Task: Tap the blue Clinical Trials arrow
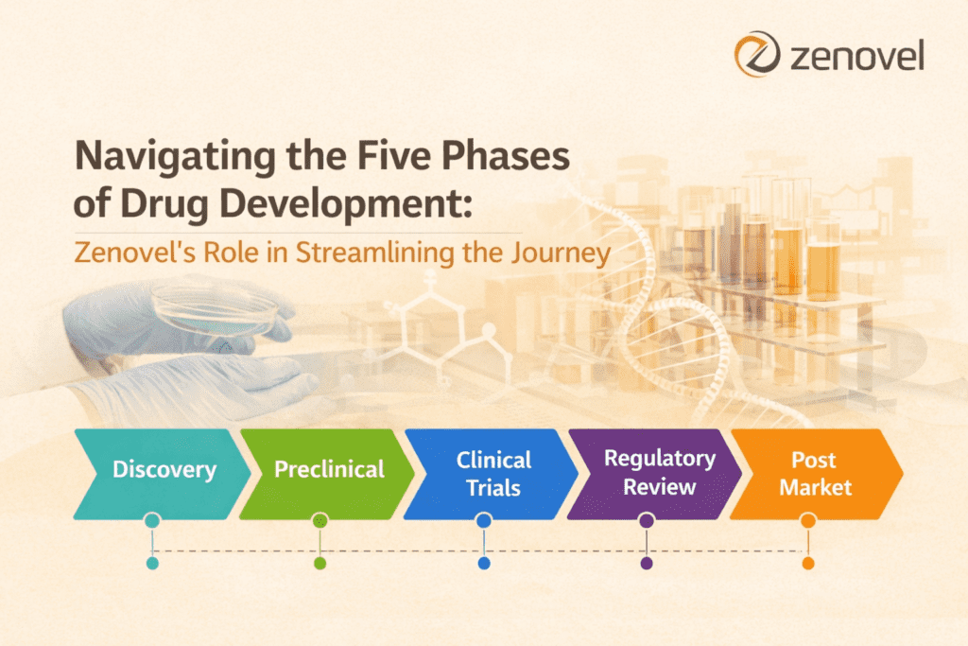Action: pyautogui.click(x=493, y=473)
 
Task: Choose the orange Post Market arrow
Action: pyautogui.click(x=813, y=473)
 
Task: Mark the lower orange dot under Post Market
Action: pyautogui.click(x=808, y=563)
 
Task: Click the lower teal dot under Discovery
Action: pyautogui.click(x=152, y=563)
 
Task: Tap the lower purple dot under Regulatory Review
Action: pyautogui.click(x=647, y=563)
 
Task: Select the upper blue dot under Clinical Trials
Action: pyautogui.click(x=484, y=521)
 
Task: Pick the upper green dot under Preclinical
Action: pyautogui.click(x=320, y=521)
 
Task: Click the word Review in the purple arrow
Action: pyautogui.click(x=659, y=488)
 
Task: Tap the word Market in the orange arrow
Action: pyautogui.click(x=814, y=488)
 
